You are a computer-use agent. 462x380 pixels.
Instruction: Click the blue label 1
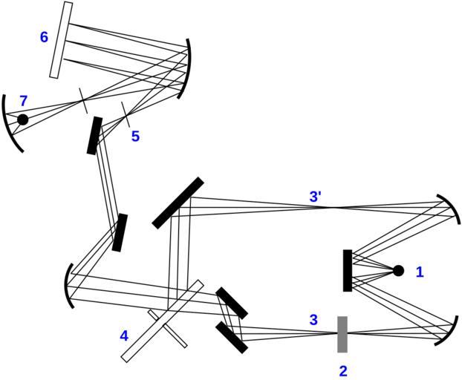click(420, 272)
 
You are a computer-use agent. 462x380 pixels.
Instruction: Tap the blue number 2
click(342, 370)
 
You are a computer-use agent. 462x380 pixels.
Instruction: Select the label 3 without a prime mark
click(313, 321)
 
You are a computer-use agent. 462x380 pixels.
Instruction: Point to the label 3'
click(316, 197)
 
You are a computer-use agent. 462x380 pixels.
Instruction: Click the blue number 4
click(124, 335)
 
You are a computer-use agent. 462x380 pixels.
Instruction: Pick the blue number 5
click(135, 137)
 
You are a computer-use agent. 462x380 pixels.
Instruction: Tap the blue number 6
click(45, 36)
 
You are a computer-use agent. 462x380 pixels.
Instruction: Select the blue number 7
click(24, 100)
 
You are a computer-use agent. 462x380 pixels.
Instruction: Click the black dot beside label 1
click(398, 271)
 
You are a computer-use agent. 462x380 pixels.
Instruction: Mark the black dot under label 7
click(23, 119)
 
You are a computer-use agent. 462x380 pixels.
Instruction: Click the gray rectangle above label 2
click(342, 334)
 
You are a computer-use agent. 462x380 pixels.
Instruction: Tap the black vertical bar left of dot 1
click(348, 270)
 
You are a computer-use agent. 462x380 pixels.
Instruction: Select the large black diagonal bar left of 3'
click(178, 202)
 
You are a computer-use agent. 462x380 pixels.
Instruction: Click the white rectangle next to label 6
click(61, 40)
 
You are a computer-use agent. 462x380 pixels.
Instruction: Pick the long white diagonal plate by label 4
click(163, 320)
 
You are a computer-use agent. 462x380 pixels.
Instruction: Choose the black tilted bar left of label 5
click(94, 136)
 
